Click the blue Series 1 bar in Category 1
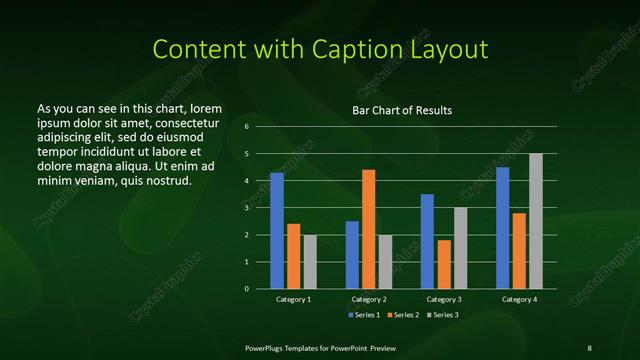(277, 231)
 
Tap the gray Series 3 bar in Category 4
(536, 221)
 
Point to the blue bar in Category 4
(502, 228)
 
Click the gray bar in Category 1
(310, 262)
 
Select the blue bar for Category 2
(352, 255)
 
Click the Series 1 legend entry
(363, 315)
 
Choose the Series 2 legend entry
(403, 315)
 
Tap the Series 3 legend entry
(443, 315)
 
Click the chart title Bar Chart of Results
(402, 110)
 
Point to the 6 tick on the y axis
(246, 127)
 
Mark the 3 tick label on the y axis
(246, 208)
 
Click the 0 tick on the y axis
(246, 289)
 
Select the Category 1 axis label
(293, 299)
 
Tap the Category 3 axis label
(444, 299)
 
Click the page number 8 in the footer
(589, 347)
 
